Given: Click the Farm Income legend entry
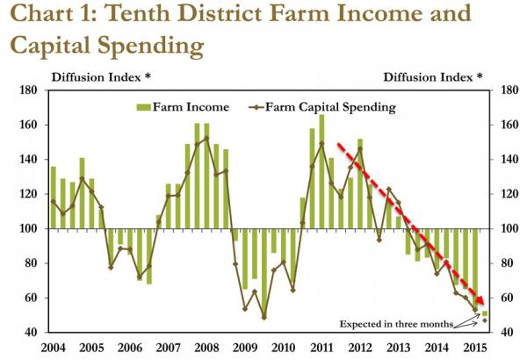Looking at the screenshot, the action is [x=183, y=107].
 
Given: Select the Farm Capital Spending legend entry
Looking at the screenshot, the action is [x=322, y=108].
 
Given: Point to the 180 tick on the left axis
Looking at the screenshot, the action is [x=28, y=90].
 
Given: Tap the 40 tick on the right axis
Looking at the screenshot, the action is [x=507, y=333].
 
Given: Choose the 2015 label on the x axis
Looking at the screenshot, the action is [x=474, y=347].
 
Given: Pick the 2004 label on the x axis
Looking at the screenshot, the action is [x=54, y=347].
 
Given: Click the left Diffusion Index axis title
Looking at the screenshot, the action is [x=101, y=77].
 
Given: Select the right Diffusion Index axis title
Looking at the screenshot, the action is [x=433, y=77].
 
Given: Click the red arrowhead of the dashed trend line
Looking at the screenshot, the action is [x=480, y=299].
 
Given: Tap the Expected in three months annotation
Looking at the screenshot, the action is [x=396, y=324].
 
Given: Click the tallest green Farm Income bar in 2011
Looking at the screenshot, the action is [x=321, y=171].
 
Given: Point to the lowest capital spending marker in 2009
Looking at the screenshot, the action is [x=263, y=317].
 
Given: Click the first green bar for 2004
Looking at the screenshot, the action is [x=54, y=198].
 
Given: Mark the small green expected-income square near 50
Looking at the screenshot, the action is [x=484, y=313].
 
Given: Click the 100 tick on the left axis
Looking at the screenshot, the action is [x=28, y=229].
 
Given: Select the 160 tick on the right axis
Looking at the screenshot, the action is [x=507, y=125].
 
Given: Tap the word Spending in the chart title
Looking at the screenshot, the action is [x=150, y=46].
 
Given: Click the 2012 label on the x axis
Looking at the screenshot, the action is [x=359, y=347].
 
